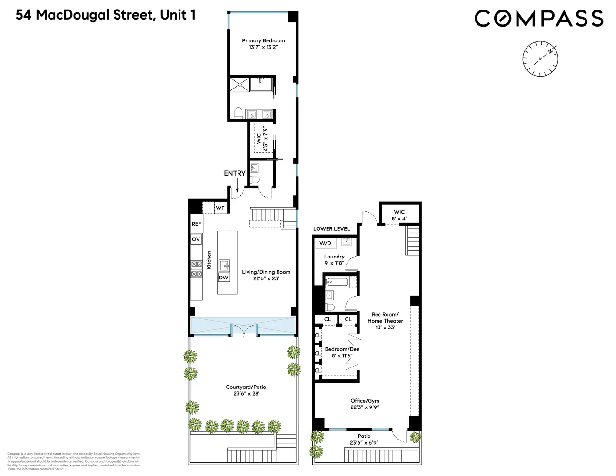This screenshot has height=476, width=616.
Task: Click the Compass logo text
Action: [x=538, y=19]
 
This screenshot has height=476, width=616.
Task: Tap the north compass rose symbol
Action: [x=540, y=59]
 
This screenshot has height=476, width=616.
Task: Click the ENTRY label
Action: [x=235, y=173]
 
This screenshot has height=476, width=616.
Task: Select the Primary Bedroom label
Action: [x=263, y=41]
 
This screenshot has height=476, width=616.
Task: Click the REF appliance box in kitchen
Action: [x=196, y=224]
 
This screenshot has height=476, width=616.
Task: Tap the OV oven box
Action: [x=196, y=239]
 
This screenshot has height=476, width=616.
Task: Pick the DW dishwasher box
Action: [x=224, y=277]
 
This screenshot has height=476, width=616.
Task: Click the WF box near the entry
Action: [x=220, y=208]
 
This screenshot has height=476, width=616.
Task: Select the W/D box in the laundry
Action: [x=325, y=243]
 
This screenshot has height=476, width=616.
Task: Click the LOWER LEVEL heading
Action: [x=331, y=229]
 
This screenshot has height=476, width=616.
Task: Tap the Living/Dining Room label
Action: [x=266, y=272]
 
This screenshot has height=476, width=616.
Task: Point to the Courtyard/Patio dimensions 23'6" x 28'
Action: [x=246, y=394]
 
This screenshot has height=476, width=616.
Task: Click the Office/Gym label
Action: [x=365, y=401]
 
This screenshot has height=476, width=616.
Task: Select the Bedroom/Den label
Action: [x=342, y=349]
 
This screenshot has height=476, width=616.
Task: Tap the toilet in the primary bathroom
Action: [x=238, y=113]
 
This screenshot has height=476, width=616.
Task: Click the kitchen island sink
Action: [x=224, y=266]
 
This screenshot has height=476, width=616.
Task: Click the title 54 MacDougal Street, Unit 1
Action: [x=106, y=15]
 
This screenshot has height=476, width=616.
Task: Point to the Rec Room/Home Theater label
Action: [x=385, y=317]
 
